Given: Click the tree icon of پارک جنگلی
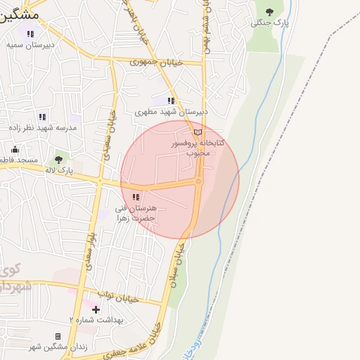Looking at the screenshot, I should coord(270,11).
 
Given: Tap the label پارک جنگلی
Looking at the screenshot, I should coord(270,23).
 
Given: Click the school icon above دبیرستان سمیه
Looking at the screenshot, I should coord(30,33).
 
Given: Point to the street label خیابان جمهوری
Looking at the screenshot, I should coord(155,63).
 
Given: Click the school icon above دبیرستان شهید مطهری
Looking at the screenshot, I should coord(171,101).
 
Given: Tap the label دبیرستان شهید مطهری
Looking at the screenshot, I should coord(172,111).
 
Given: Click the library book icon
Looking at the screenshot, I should coord(198,132).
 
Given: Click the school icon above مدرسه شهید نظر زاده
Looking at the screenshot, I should coord(42,117).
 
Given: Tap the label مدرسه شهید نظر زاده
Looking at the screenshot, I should coord(43,128).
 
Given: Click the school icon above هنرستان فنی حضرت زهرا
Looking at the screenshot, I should coord(136,197).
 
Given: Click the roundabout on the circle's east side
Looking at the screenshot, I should coord(199,182).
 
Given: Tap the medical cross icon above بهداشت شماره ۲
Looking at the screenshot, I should coord(96,309).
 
